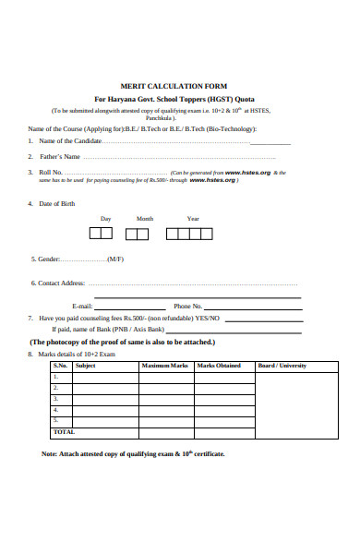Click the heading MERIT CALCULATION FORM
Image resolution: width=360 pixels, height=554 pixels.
click(x=180, y=85)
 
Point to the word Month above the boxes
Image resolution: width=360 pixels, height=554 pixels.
click(x=145, y=219)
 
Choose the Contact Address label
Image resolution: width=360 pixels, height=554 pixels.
click(x=61, y=283)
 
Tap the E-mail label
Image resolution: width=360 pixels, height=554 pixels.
click(x=82, y=306)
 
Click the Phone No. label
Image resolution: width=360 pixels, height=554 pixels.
click(x=188, y=306)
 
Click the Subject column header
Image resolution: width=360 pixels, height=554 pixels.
click(x=85, y=366)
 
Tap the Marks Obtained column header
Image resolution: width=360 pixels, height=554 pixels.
click(x=219, y=366)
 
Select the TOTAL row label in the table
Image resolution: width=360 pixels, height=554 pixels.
click(x=64, y=431)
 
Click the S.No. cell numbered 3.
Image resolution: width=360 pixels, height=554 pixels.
click(x=56, y=398)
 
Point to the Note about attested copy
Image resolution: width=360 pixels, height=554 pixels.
click(x=134, y=454)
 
